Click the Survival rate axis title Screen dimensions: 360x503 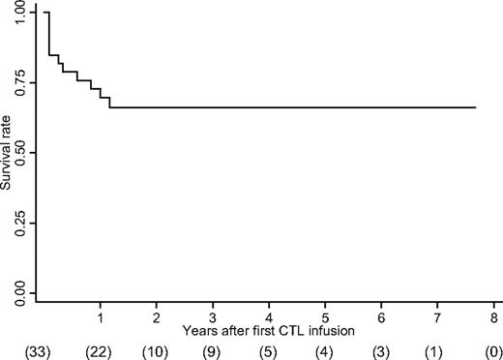point(7,153)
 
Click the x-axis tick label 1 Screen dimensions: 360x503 point(101,316)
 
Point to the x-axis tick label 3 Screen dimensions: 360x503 point(213,316)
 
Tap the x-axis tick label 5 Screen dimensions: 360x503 point(326,316)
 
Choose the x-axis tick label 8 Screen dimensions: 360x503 point(494,316)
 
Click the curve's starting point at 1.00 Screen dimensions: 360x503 point(45,13)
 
